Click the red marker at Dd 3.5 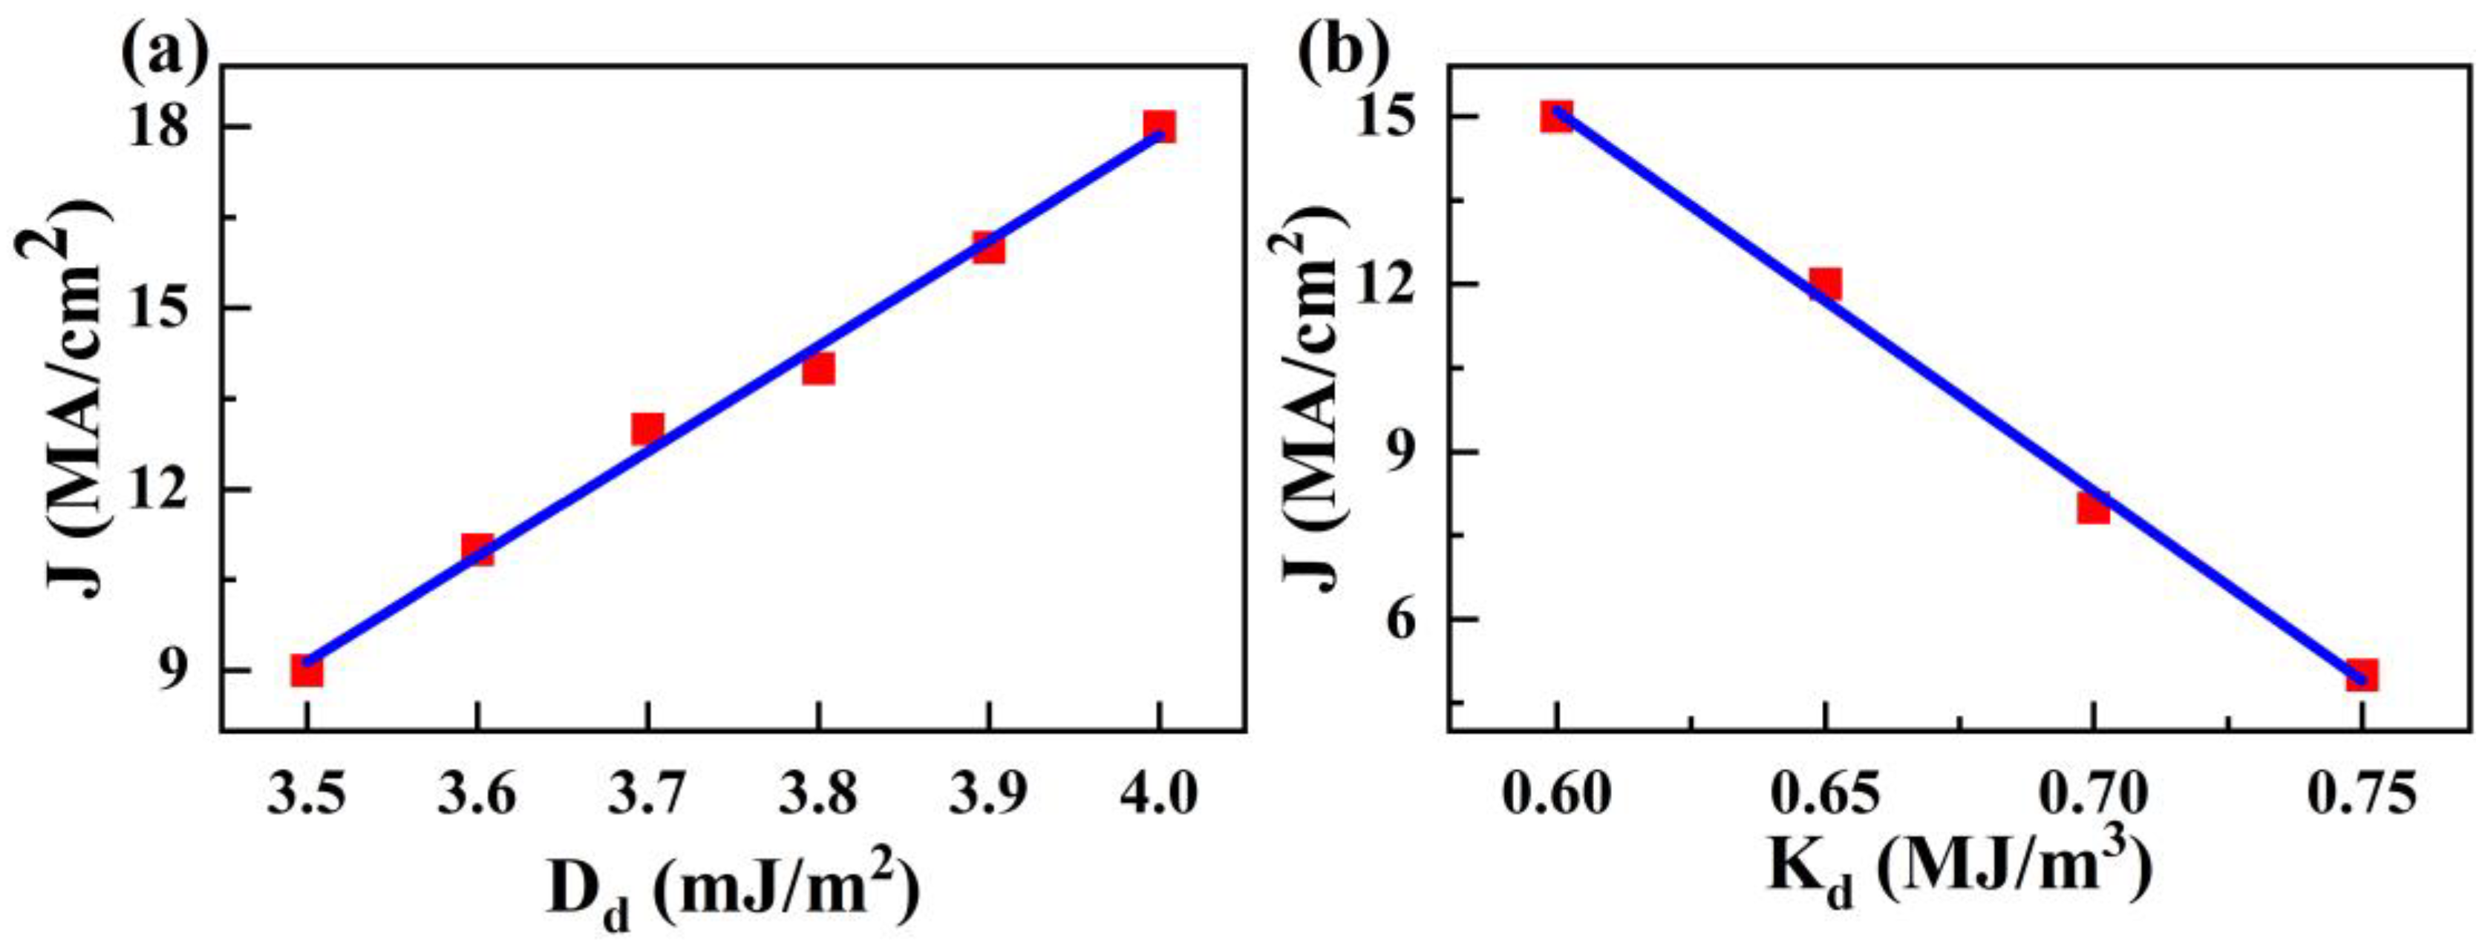[307, 671]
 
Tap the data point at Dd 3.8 [818, 368]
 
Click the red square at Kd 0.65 [1825, 284]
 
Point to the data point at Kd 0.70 [2093, 507]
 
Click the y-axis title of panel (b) [1313, 414]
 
